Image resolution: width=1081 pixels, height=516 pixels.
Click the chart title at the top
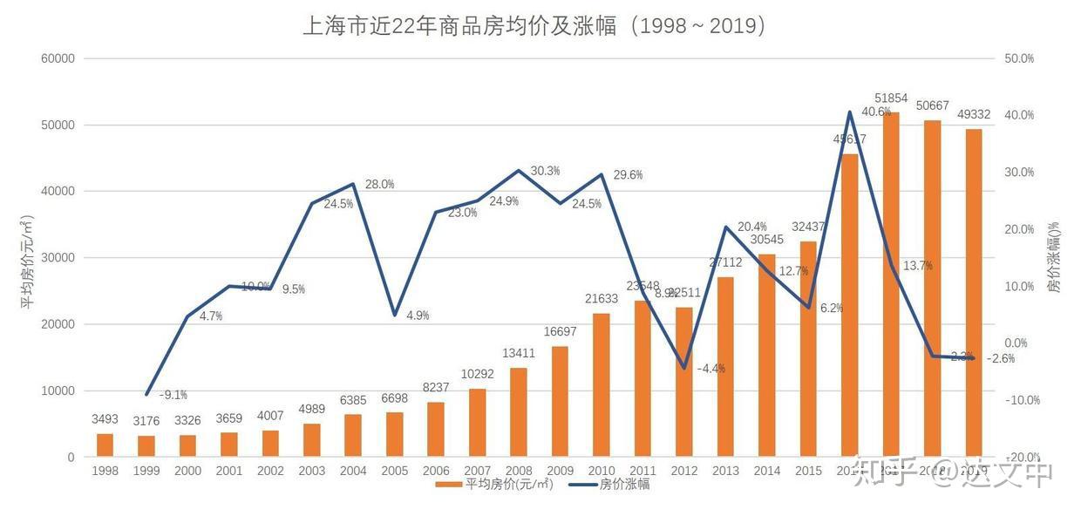click(x=534, y=25)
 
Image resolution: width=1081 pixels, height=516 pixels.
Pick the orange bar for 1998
click(x=105, y=445)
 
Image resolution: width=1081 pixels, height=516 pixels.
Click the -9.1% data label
click(x=173, y=395)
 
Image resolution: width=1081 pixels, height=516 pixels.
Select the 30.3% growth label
click(x=545, y=171)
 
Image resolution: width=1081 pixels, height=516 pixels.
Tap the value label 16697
click(x=560, y=331)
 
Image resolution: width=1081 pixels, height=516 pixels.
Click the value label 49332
click(x=973, y=114)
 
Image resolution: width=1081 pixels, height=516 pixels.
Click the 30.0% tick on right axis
click(x=1019, y=173)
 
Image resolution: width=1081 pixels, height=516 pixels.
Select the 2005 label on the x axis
click(x=394, y=472)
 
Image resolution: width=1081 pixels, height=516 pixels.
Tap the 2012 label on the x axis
click(x=684, y=472)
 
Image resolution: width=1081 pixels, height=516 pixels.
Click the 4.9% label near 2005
click(x=418, y=316)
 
